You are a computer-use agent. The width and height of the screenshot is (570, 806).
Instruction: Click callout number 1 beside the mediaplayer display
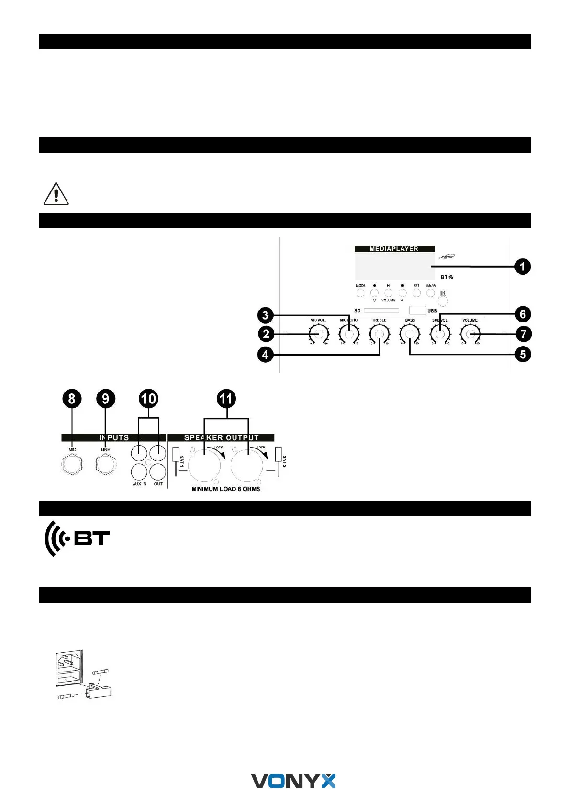pyautogui.click(x=522, y=267)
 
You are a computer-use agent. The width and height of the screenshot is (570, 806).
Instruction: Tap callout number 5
pyautogui.click(x=523, y=355)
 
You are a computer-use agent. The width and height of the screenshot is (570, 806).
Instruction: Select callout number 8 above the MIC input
pyautogui.click(x=72, y=399)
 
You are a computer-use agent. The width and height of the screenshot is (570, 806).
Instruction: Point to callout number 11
pyautogui.click(x=226, y=399)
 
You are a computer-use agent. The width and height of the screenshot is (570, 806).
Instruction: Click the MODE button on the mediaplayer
pyautogui.click(x=361, y=292)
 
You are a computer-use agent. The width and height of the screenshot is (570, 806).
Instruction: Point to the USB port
pyautogui.click(x=417, y=311)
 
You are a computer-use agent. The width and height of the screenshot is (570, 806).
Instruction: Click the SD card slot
pyautogui.click(x=381, y=311)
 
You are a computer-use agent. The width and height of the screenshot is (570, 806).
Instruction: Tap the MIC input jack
pyautogui.click(x=72, y=464)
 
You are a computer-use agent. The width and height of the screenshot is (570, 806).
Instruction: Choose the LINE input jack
pyautogui.click(x=105, y=464)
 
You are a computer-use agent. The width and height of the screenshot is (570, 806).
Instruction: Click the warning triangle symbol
pyautogui.click(x=56, y=194)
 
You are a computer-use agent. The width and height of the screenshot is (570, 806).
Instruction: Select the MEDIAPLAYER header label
pyautogui.click(x=394, y=249)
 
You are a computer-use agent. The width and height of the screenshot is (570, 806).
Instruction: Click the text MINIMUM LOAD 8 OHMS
pyautogui.click(x=226, y=489)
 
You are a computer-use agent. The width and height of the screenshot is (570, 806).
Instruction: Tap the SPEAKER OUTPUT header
pyautogui.click(x=221, y=437)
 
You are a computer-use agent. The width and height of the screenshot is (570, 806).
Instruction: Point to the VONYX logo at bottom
pyautogui.click(x=293, y=781)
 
